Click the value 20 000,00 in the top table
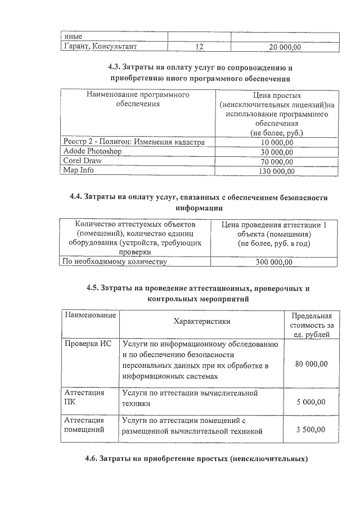point(285,48)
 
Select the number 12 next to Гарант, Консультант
point(199,48)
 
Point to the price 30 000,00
point(277,152)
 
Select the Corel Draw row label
point(83,161)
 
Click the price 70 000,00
point(277,161)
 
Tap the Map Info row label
point(79,170)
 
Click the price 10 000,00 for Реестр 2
point(277,142)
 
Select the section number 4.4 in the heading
point(77,197)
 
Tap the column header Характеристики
point(202,321)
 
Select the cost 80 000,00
point(311,364)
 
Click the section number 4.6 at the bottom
point(93,459)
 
